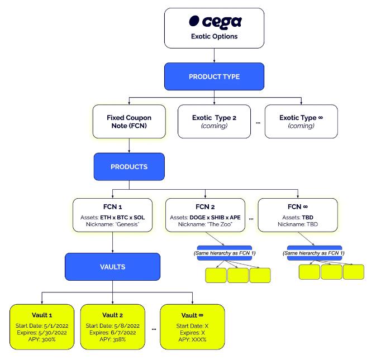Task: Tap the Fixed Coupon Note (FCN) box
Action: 129,122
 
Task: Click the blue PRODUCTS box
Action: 129,166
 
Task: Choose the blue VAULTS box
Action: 112,267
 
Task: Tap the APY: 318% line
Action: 112,339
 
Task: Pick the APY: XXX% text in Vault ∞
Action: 192,339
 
